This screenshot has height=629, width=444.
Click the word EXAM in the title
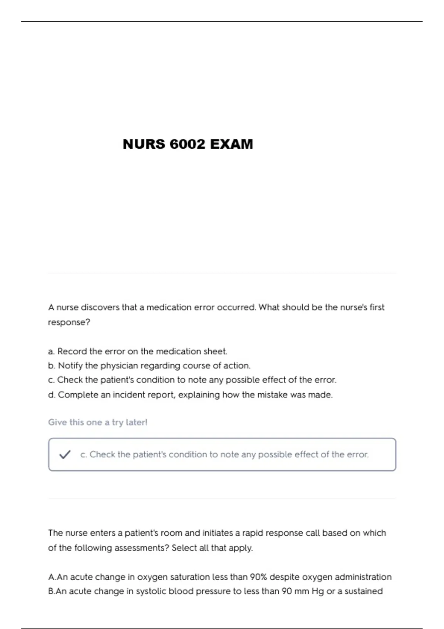(x=232, y=144)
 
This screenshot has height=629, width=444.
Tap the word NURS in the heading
(x=144, y=144)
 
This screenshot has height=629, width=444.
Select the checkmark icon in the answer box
(x=65, y=454)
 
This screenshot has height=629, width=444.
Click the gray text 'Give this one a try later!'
(x=98, y=422)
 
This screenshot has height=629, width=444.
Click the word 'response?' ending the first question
(x=69, y=322)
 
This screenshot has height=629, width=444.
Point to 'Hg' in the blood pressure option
(x=318, y=591)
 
